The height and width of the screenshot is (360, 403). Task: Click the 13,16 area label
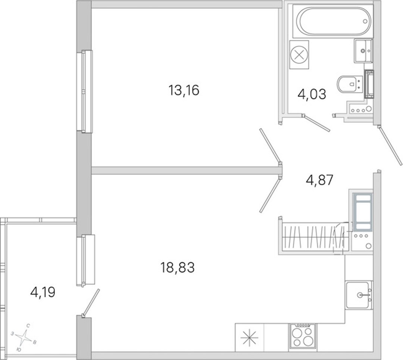pos(184,90)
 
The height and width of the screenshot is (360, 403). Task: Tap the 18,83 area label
pos(177,267)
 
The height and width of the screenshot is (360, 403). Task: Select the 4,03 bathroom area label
pos(312,94)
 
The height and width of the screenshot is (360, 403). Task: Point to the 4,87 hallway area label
pos(319,180)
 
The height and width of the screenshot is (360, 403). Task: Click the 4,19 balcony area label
pos(43,292)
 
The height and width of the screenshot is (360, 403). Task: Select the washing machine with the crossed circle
pos(299,55)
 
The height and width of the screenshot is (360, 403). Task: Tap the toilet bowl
pos(350,84)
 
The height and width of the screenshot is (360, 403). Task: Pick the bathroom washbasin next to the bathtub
pos(363,51)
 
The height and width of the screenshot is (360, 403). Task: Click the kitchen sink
pos(357,295)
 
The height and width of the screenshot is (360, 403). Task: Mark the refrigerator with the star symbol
pos(250,338)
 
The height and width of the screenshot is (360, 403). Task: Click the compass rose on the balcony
pos(25,337)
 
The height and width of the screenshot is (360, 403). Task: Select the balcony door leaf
pos(90,302)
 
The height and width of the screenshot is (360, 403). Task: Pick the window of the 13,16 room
pos(85,91)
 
